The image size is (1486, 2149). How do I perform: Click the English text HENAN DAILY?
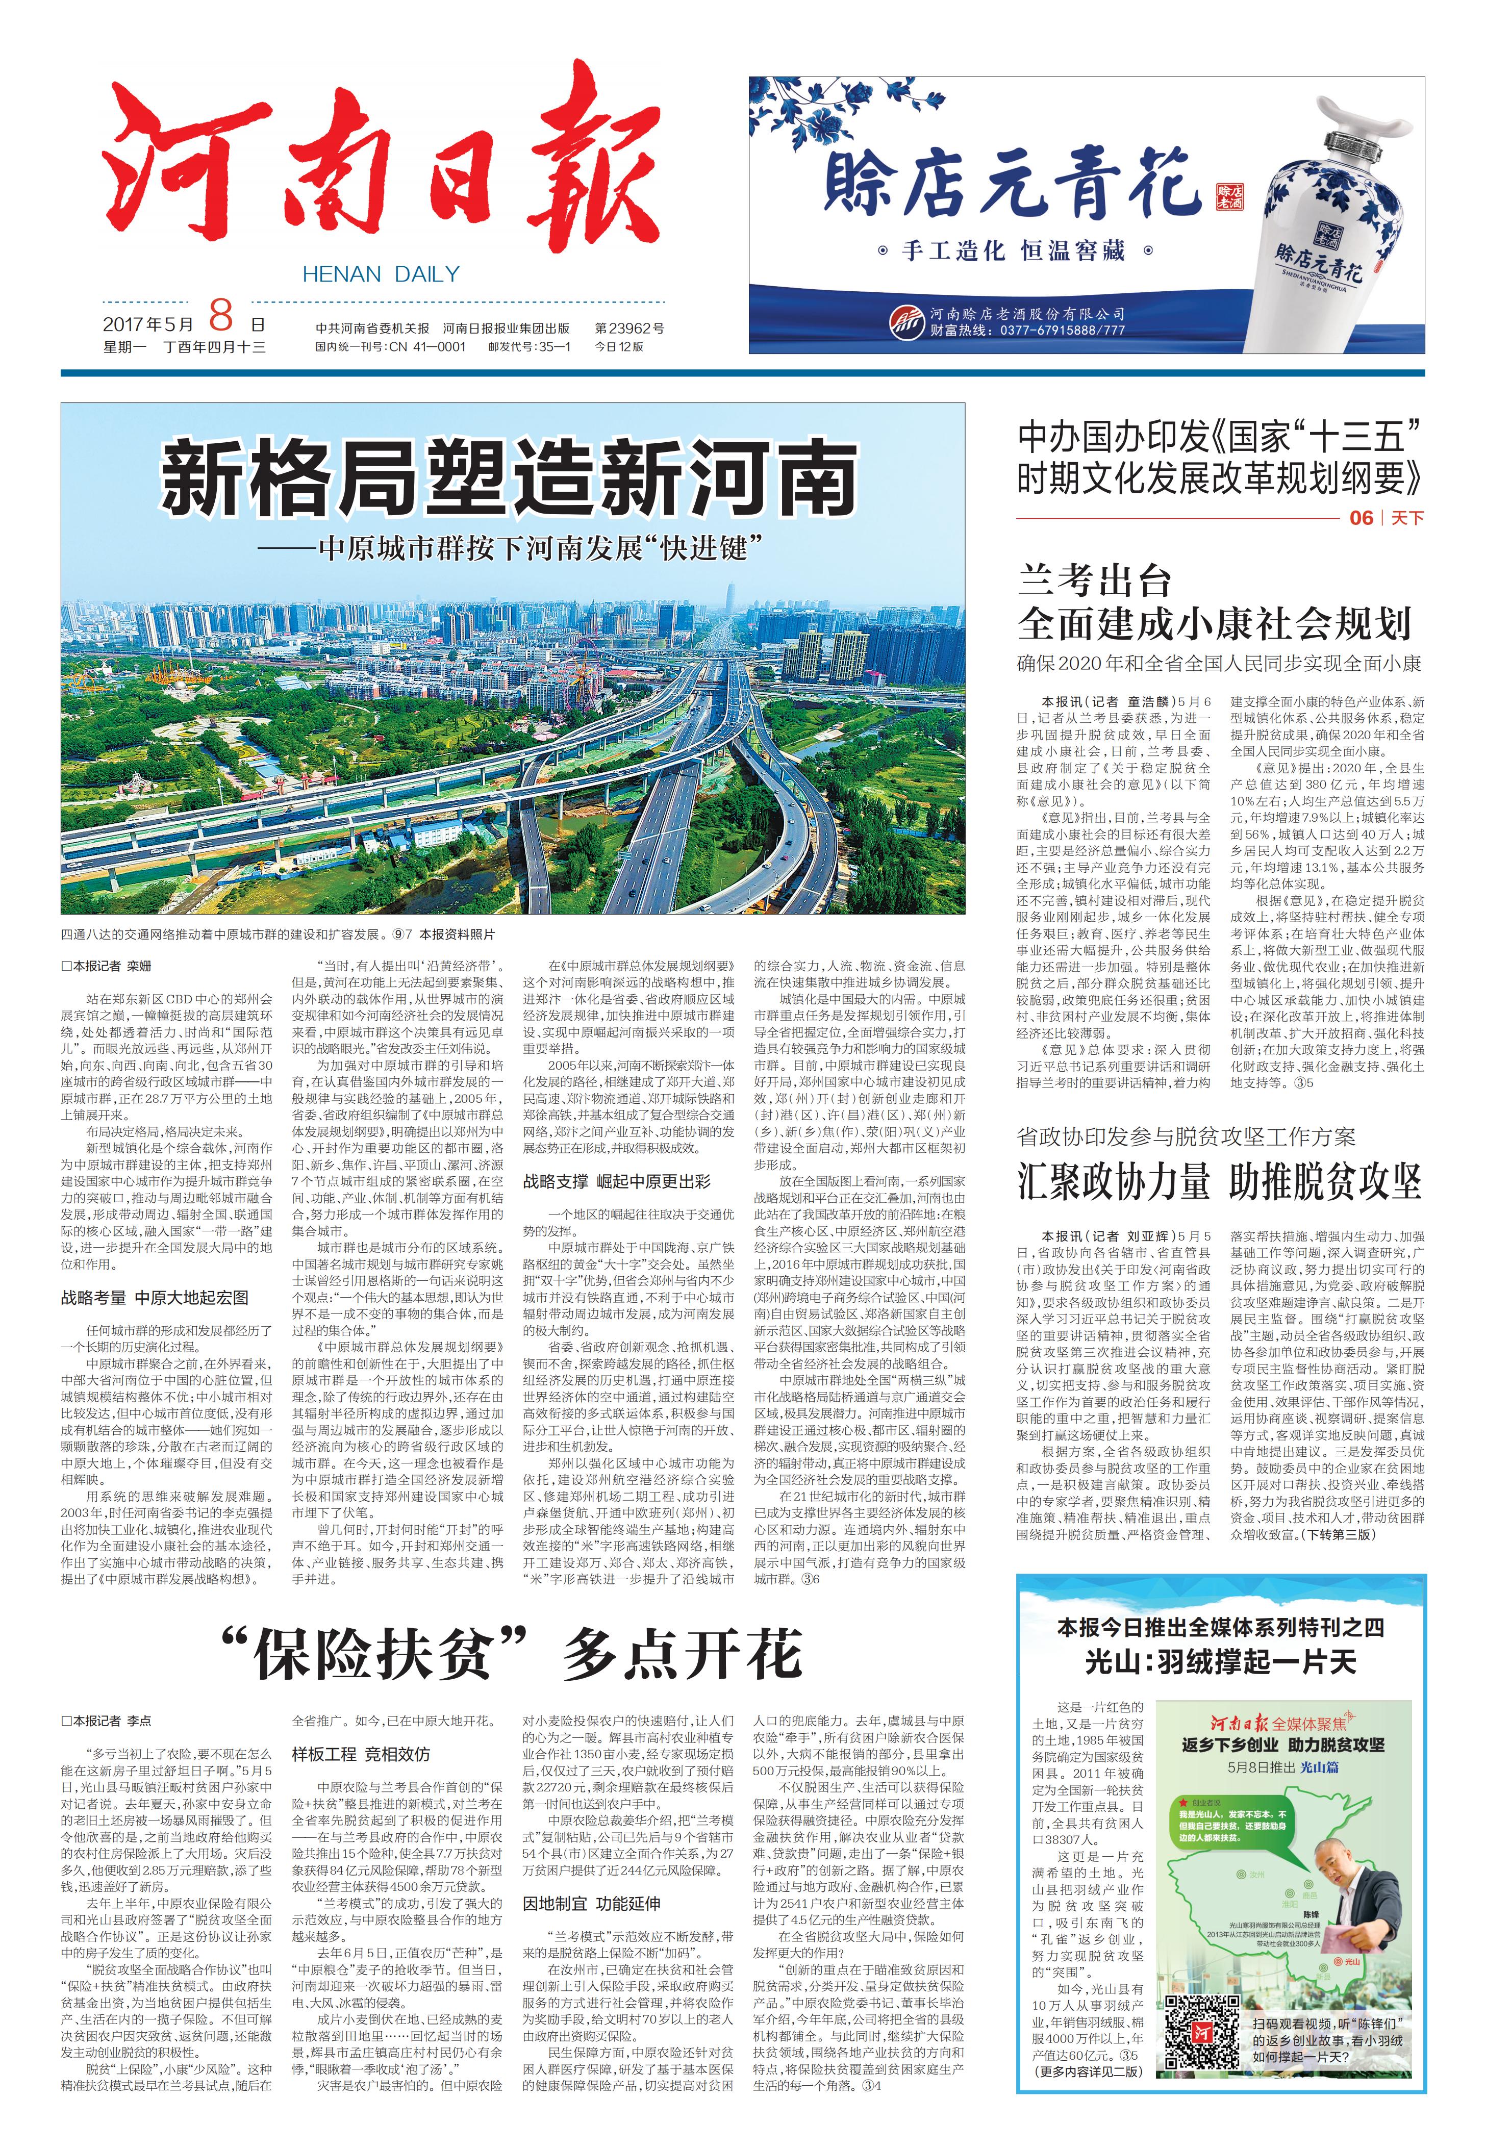[381, 274]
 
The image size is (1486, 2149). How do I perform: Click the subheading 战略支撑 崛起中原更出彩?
[616, 1181]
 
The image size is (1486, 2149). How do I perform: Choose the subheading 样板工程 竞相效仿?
[361, 1753]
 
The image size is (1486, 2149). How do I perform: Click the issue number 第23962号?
[631, 328]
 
